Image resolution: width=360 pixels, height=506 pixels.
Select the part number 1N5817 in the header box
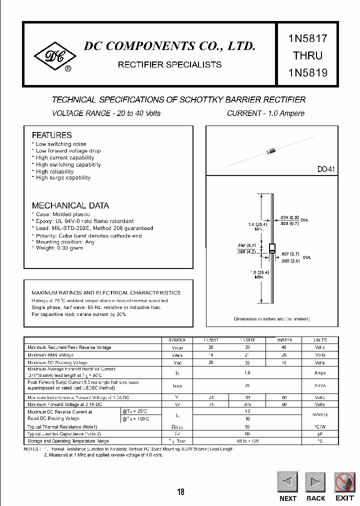(x=307, y=38)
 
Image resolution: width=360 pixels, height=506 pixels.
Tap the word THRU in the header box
(x=307, y=55)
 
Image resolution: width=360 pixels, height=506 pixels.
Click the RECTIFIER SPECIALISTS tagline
(x=169, y=64)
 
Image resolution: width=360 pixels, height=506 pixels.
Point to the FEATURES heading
(x=51, y=135)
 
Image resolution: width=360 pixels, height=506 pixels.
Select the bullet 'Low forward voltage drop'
(x=68, y=150)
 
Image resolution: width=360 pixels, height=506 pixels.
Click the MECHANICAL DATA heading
(x=70, y=205)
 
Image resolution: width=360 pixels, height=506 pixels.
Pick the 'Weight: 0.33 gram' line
(x=59, y=248)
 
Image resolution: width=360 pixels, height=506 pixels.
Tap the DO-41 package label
(x=325, y=169)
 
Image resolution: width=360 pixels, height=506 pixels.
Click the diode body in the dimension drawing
(x=272, y=249)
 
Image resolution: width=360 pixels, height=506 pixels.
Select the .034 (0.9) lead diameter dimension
(x=289, y=217)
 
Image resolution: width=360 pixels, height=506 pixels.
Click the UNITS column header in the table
(x=320, y=339)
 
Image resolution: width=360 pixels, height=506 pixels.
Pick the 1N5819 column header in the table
(x=283, y=339)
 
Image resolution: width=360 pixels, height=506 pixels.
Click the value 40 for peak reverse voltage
(x=283, y=347)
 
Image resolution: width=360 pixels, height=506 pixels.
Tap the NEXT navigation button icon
(x=287, y=482)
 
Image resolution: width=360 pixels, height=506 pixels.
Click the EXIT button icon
(x=344, y=482)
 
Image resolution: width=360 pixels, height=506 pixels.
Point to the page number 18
(x=180, y=492)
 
